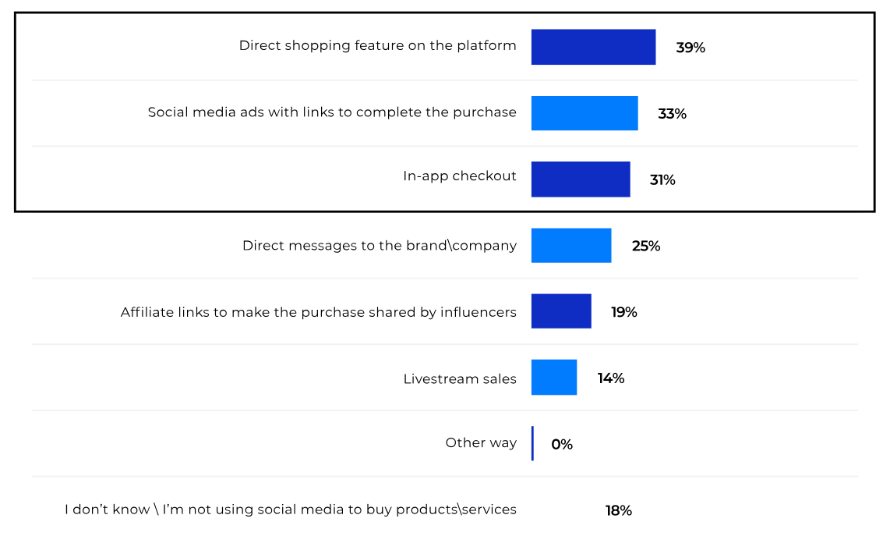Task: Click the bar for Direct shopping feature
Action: [x=593, y=47]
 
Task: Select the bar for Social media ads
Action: [x=585, y=113]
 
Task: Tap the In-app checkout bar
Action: [x=581, y=179]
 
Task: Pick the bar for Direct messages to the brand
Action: [x=571, y=246]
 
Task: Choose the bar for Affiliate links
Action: [x=561, y=311]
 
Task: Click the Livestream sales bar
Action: [x=554, y=378]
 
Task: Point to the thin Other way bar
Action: [x=533, y=443]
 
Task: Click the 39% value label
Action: [x=690, y=48]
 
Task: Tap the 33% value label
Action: [x=672, y=114]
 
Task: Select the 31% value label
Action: [x=662, y=180]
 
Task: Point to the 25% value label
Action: [x=646, y=247]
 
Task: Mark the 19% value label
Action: [x=624, y=312]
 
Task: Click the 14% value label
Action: [x=611, y=378]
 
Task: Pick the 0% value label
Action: [x=562, y=445]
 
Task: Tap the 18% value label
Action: [x=619, y=511]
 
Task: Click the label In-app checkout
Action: [x=460, y=176]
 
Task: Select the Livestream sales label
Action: [x=460, y=379]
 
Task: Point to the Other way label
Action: [x=481, y=442]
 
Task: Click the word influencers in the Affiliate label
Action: [x=479, y=312]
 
